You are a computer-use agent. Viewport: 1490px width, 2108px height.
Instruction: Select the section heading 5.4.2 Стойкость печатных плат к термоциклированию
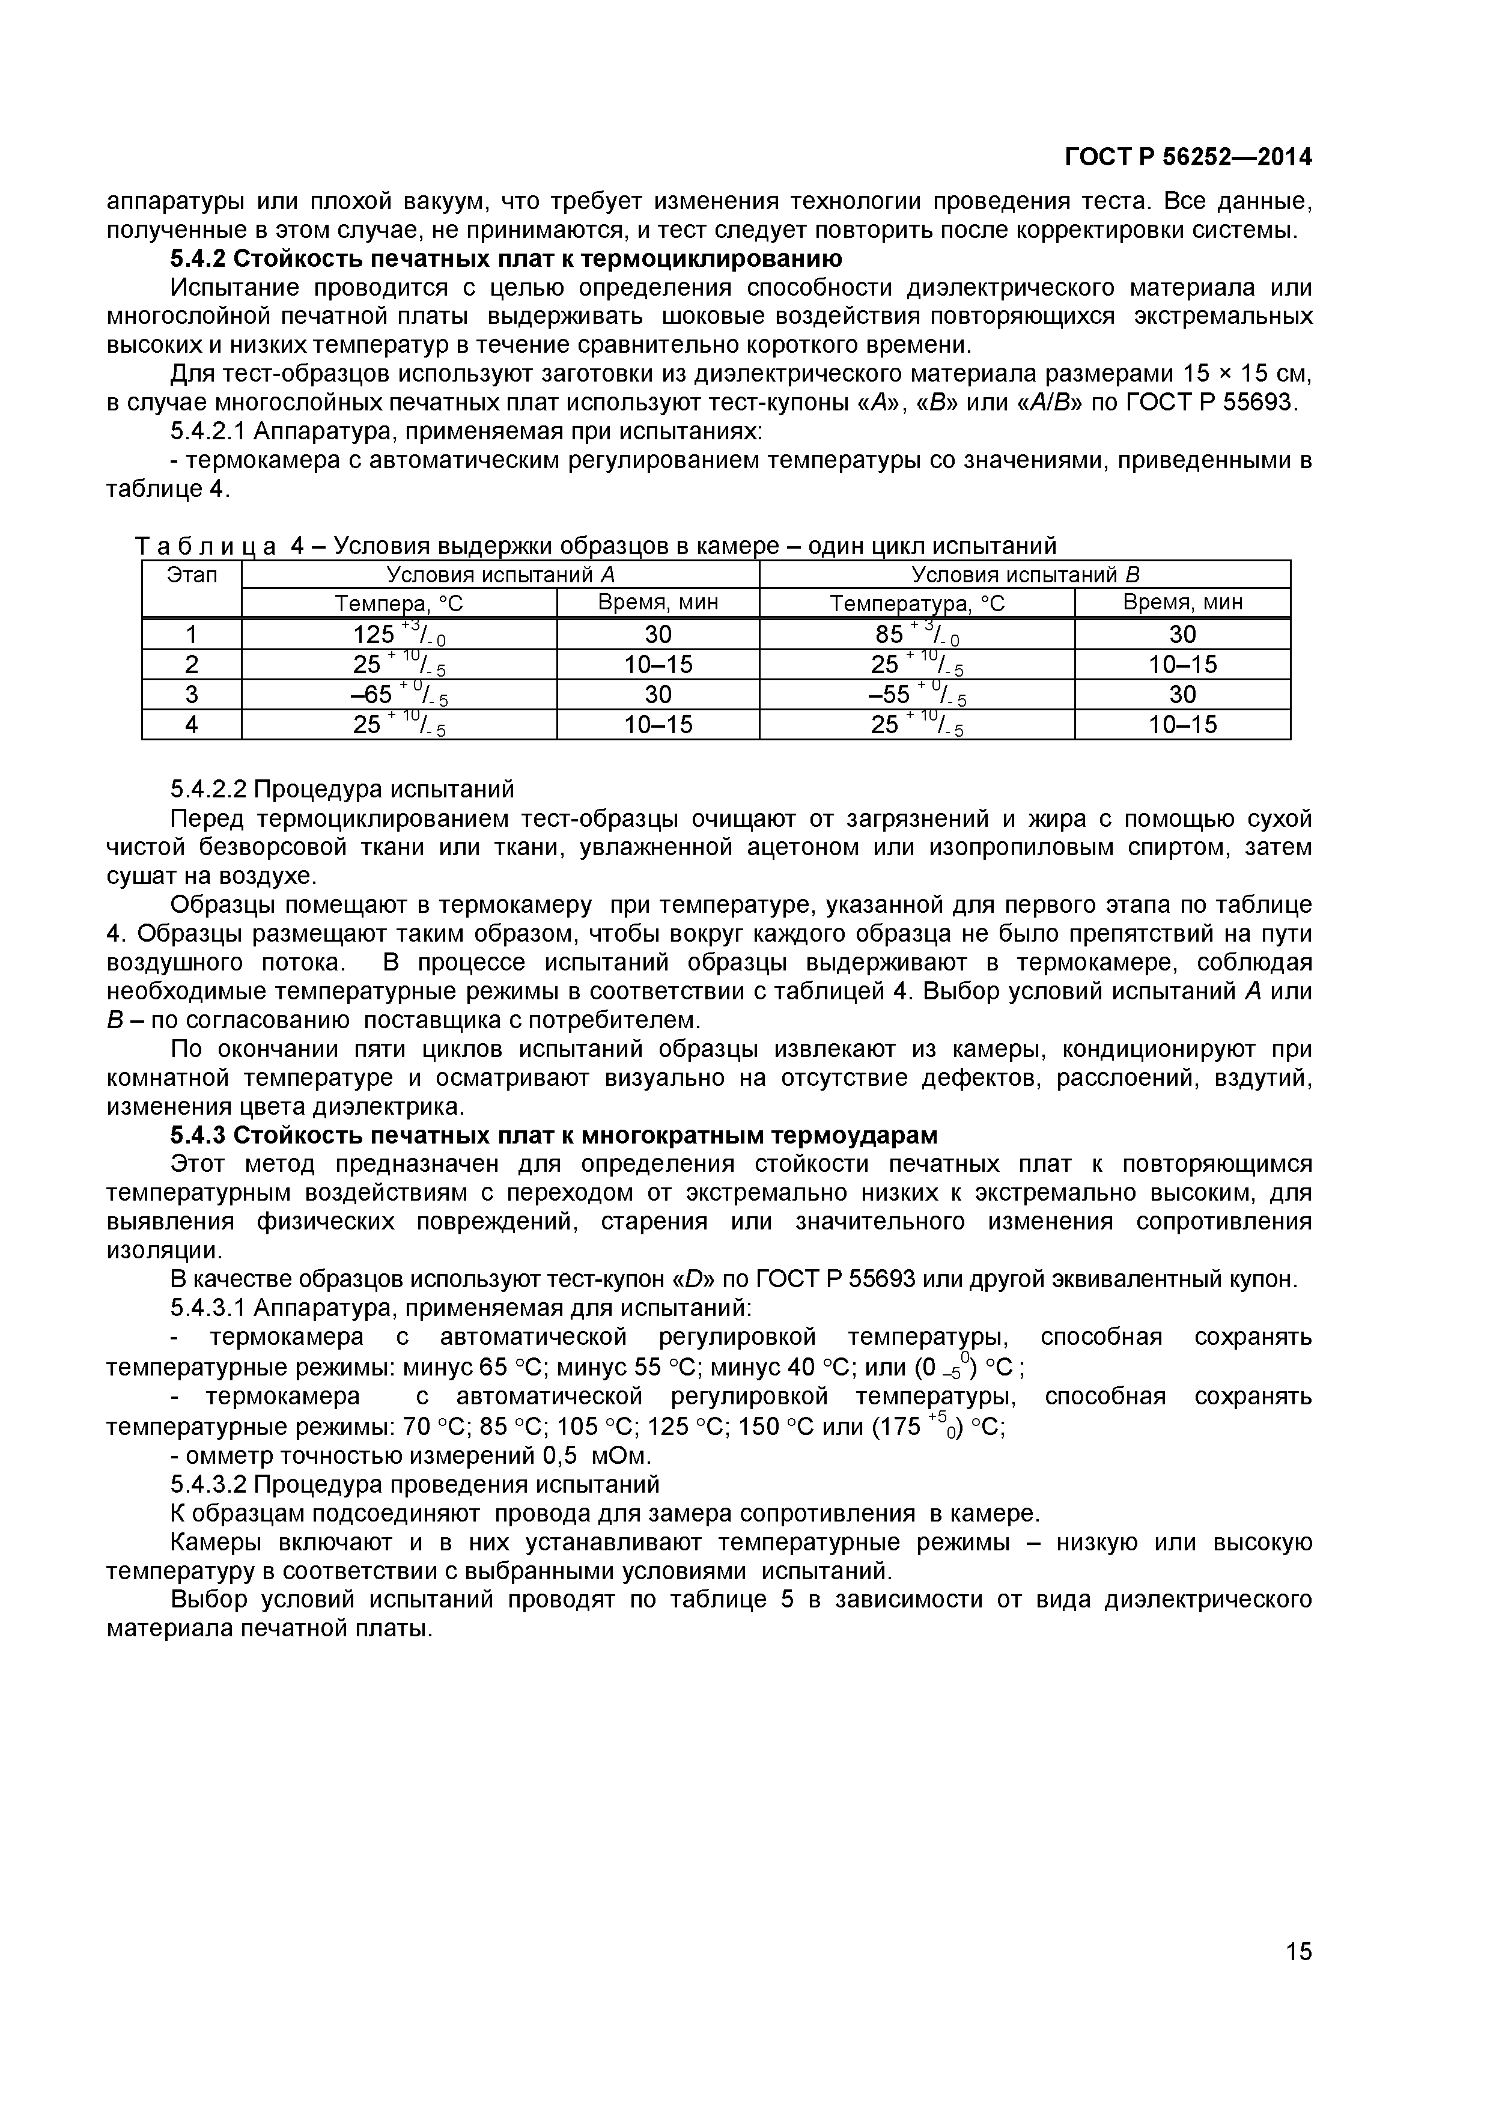[x=506, y=259]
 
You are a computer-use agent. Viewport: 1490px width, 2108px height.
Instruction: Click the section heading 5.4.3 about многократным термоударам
[x=553, y=1136]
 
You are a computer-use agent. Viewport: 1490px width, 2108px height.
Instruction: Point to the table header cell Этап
[x=192, y=576]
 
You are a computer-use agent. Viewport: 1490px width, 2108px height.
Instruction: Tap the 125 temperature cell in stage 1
[x=398, y=635]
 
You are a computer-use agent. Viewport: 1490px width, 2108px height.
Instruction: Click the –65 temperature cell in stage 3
[x=398, y=694]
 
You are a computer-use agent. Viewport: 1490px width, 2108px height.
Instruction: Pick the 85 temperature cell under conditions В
[x=916, y=635]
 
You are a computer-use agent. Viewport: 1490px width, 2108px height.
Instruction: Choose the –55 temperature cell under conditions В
[x=916, y=694]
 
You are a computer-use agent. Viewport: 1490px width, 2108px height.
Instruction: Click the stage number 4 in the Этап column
[x=191, y=724]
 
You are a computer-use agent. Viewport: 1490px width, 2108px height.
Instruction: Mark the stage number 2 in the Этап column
[x=191, y=664]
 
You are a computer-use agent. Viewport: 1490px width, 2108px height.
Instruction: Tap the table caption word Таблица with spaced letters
[x=205, y=547]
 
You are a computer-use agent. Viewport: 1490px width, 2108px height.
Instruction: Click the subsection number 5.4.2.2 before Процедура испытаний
[x=208, y=790]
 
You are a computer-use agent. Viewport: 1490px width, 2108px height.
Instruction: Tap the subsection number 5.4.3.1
[x=208, y=1308]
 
